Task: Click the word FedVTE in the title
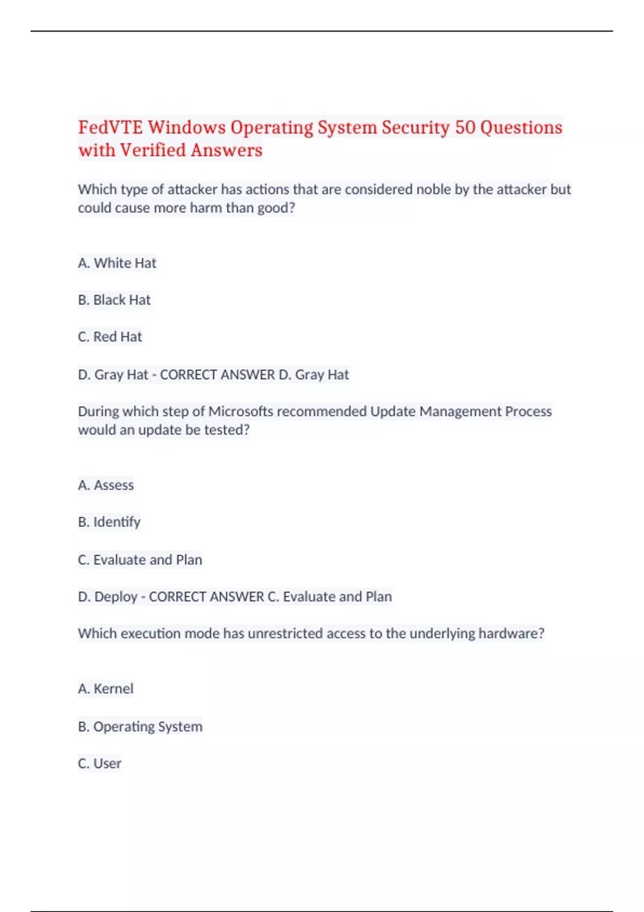click(111, 128)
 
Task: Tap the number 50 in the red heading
click(465, 128)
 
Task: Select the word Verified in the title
click(153, 151)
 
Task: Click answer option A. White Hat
click(117, 263)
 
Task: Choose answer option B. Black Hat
click(114, 300)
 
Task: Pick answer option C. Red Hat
click(110, 337)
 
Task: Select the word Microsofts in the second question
click(240, 411)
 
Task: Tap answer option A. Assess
click(106, 485)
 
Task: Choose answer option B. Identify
click(109, 522)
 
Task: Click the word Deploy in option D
click(116, 597)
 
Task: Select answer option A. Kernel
click(106, 689)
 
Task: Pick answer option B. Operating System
click(140, 726)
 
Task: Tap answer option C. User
click(100, 763)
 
